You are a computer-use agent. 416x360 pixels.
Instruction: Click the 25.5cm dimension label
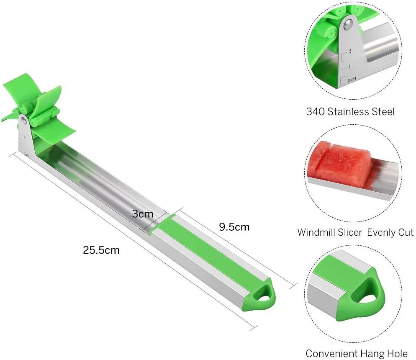101,250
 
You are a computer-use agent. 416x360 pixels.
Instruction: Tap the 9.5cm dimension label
234,227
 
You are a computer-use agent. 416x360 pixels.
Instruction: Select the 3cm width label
142,213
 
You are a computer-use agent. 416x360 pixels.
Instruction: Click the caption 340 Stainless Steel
350,112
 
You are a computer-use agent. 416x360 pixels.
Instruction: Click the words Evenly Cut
390,232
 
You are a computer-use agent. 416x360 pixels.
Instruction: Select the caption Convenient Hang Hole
356,353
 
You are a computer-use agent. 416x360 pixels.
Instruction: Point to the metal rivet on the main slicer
24,121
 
